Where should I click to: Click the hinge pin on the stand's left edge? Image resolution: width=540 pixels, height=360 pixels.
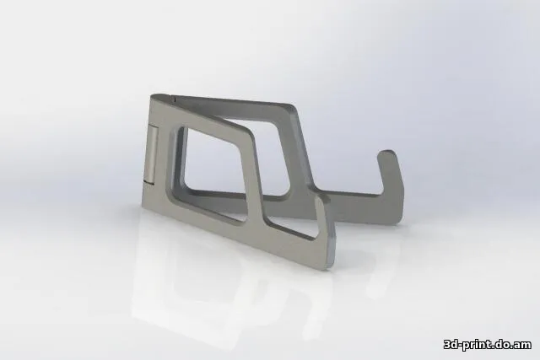(x=149, y=153)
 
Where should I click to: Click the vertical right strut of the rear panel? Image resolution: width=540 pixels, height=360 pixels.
(x=296, y=152)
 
